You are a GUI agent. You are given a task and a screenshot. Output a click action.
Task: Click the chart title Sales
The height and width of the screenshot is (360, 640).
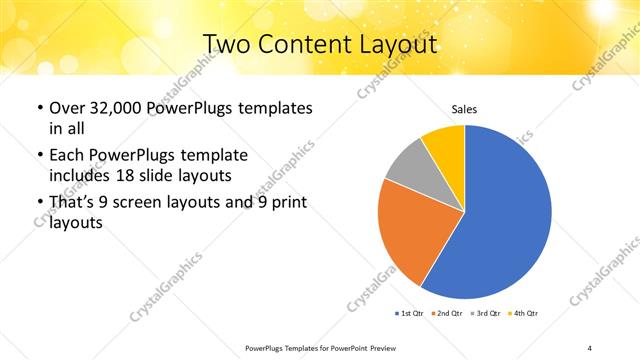[x=465, y=108]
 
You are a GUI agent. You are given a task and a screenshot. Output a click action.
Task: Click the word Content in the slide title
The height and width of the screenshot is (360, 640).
[x=297, y=44]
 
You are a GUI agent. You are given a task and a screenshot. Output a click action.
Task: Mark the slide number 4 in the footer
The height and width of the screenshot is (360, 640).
[x=590, y=347]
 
